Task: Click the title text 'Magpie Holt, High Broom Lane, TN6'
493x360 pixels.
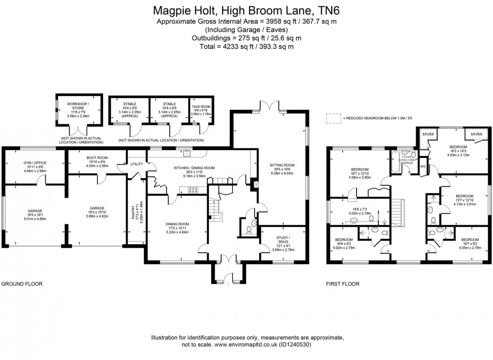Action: [x=246, y=10]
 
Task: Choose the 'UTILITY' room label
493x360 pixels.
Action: [x=136, y=165]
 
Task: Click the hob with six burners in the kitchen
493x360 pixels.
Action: [x=193, y=189]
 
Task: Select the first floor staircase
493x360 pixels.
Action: [x=398, y=209]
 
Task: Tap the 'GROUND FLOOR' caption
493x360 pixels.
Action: [x=22, y=284]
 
